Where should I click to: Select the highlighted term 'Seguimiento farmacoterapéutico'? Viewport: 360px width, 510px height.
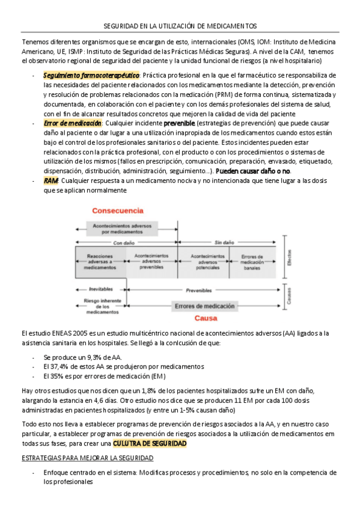coord(91,75)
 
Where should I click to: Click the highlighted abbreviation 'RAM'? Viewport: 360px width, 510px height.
coord(51,181)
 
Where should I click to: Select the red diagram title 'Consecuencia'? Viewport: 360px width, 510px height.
coord(117,211)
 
